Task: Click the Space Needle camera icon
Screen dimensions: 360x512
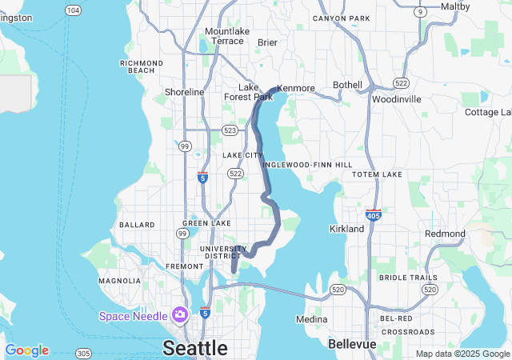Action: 180,315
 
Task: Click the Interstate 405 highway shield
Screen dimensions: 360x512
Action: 373,214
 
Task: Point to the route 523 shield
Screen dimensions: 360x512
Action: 230,130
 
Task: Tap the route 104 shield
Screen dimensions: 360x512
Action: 74,10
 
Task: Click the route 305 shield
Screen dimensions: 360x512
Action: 83,353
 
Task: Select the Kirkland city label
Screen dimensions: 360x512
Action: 346,229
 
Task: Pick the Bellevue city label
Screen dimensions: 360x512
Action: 353,343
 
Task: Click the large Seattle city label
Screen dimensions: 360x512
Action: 195,347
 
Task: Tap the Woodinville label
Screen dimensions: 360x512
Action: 396,99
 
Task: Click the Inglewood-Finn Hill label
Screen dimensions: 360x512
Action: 307,164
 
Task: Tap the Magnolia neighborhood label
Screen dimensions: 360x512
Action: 120,281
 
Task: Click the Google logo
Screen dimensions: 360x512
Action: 27,350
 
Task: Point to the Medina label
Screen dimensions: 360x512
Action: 311,319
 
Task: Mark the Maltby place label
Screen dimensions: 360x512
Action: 455,6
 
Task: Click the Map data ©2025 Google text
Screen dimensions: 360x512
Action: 462,354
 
